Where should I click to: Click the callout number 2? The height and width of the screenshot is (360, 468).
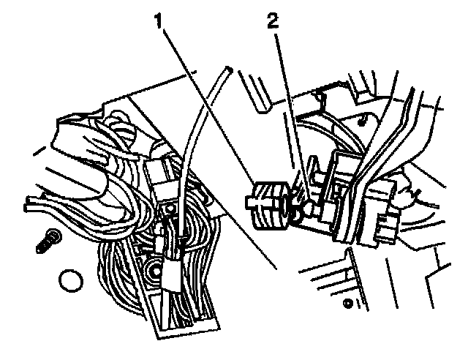pos(273,21)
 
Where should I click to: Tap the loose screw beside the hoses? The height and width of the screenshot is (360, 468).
pos(49,241)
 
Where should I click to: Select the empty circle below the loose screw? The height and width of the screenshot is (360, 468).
pos(71,280)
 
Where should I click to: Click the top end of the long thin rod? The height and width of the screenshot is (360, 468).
pos(229,69)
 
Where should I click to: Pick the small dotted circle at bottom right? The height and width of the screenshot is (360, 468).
pos(348,304)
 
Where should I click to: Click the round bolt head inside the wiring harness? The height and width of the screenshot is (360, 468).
pos(155,271)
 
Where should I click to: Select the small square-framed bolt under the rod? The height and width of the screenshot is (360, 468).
pos(170,209)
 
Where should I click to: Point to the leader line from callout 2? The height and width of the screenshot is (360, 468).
pos(290,116)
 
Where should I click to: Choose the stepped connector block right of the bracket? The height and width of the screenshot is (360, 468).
pos(382,220)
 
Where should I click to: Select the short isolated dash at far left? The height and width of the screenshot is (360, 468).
pos(39,151)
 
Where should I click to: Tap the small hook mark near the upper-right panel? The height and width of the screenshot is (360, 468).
pos(361,121)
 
